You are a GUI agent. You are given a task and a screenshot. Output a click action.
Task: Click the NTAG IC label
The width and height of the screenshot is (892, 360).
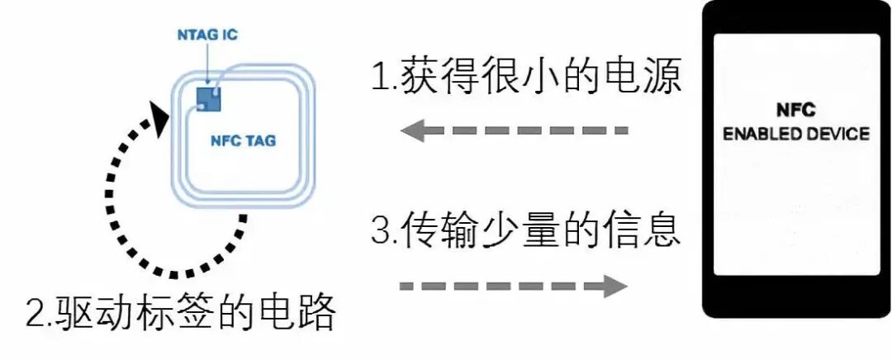pos(207,36)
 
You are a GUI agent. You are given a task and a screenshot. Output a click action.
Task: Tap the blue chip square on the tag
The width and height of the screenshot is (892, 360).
pos(210,97)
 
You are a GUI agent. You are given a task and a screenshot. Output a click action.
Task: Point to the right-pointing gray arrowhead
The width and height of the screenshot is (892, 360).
pos(614,286)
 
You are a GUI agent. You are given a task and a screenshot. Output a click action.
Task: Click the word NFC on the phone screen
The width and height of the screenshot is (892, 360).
pos(796,110)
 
